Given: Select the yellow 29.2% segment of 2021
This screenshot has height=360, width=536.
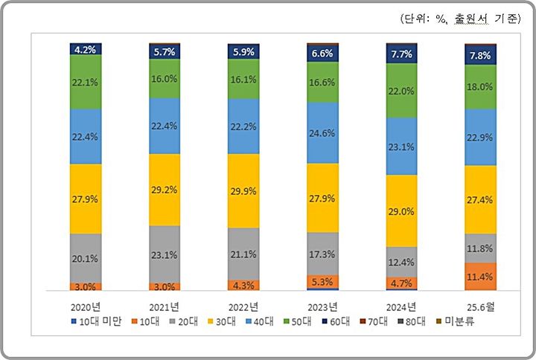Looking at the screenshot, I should [165, 190].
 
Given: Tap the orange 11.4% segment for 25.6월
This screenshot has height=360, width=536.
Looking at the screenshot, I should [480, 277].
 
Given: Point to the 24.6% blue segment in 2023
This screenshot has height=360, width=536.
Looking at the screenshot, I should [322, 133].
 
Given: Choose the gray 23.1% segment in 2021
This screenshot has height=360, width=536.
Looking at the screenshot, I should [165, 254].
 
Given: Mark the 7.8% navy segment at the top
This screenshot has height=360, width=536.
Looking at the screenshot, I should [480, 55].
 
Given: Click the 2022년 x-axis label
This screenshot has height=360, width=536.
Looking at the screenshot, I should [243, 306].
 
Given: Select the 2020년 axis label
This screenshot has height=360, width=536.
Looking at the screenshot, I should [85, 306].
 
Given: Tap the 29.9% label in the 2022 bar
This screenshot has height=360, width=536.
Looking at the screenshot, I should [243, 190].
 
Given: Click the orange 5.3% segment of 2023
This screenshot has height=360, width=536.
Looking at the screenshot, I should [322, 281].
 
